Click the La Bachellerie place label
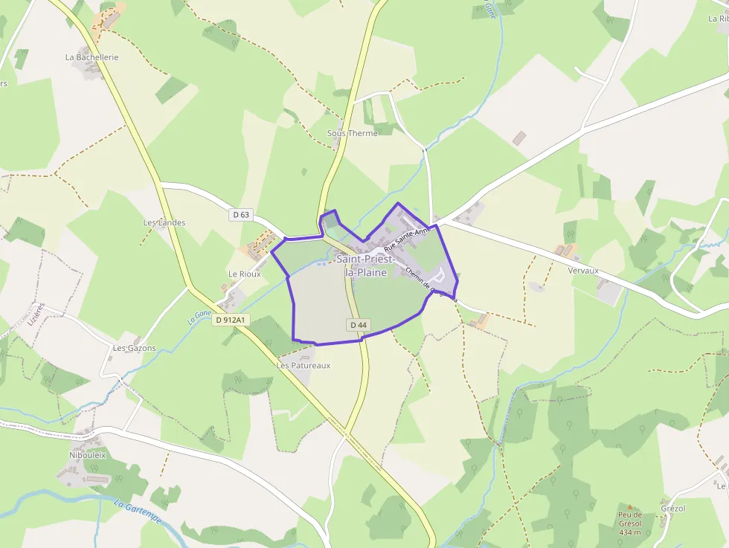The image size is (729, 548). (x=91, y=57)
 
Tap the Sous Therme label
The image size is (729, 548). (x=353, y=133)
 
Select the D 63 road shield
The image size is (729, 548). (x=240, y=215)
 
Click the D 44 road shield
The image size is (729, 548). (x=359, y=325)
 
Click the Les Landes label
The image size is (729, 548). (x=164, y=222)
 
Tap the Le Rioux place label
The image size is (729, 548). (x=244, y=274)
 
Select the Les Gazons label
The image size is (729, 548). (x=135, y=348)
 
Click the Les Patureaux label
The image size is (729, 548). (x=304, y=366)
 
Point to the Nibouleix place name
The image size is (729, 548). (x=88, y=454)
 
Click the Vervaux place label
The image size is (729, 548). (x=583, y=271)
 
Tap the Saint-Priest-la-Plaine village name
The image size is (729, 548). (x=366, y=265)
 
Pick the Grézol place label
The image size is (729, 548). (x=672, y=509)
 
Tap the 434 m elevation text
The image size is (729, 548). (x=629, y=532)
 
